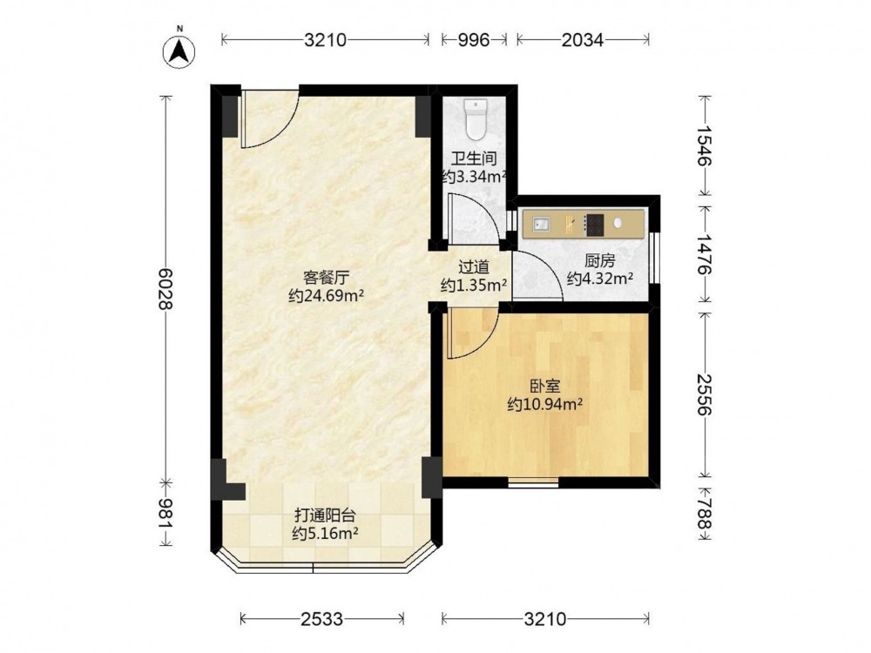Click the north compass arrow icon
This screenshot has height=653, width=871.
pos(179,51)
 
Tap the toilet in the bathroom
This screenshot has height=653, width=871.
pos(476,118)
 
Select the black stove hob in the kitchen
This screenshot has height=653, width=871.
pos(596,225)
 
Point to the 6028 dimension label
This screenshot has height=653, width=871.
pos(165,289)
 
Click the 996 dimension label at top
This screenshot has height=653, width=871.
pos(473,40)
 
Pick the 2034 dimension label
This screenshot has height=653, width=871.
pos(582,40)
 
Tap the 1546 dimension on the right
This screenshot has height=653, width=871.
pos(704,145)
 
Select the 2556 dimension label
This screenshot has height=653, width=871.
pos(704,394)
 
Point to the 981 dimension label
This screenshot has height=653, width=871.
pos(165,514)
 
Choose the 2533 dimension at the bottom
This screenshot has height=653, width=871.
pos(322,618)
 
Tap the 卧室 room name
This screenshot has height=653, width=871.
pos(544,386)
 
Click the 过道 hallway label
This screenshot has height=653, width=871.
pos(474,267)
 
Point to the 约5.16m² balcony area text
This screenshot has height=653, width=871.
pos(325,534)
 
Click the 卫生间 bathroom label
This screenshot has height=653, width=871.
pos(473,158)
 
